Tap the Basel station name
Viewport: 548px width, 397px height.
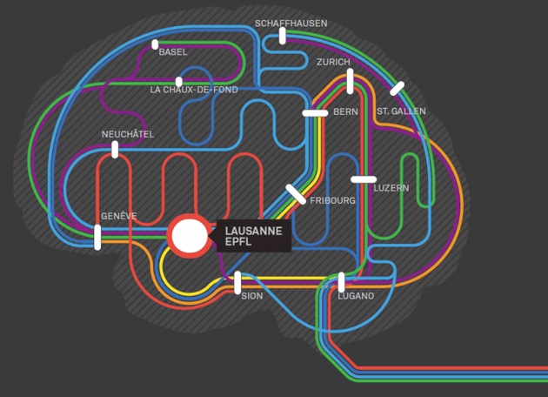pos(173,52)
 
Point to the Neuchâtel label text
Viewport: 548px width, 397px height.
pos(128,134)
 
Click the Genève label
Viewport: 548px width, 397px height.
pos(118,216)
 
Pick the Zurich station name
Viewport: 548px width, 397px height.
pos(333,63)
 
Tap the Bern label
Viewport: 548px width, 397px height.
pos(345,112)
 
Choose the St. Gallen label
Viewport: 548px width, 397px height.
pos(401,112)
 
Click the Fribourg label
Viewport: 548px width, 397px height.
pos(332,200)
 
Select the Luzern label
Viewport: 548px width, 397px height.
pos(391,188)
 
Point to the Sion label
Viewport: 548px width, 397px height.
pos(251,296)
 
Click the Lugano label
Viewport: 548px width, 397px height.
pos(356,296)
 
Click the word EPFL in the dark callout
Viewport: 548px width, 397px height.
pos(238,243)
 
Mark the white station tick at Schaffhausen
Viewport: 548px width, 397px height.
pos(283,36)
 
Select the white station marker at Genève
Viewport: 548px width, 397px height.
pos(97,237)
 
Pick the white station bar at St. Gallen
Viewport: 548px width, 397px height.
pos(398,88)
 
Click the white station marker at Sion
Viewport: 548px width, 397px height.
pos(237,282)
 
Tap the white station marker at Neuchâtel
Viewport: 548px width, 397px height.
pos(115,150)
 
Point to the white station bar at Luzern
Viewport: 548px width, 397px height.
pos(364,179)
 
